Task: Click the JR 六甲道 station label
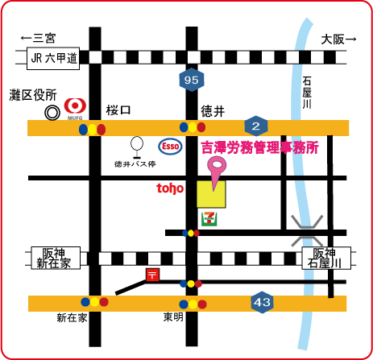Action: (x=53, y=58)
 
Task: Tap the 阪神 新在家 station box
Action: (x=56, y=258)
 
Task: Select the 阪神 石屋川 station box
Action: (x=326, y=258)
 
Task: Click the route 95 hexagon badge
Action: (x=192, y=80)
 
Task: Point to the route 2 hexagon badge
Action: (x=256, y=126)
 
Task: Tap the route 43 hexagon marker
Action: (x=262, y=302)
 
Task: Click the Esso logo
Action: (x=170, y=147)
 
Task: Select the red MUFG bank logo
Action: (x=75, y=107)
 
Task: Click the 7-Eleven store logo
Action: (x=209, y=219)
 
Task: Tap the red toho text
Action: (x=170, y=188)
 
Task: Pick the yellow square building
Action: (x=211, y=194)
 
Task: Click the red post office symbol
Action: (x=152, y=275)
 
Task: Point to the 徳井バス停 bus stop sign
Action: (x=137, y=147)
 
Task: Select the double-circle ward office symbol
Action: (x=52, y=113)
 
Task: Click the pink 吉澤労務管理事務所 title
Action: (x=260, y=148)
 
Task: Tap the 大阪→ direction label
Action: (x=338, y=39)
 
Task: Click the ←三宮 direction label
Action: (x=38, y=38)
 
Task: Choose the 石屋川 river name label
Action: (x=307, y=93)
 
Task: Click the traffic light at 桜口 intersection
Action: (x=92, y=130)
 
